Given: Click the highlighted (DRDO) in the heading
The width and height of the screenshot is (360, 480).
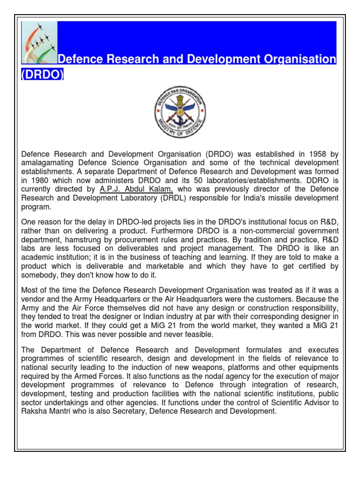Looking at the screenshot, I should (42, 75).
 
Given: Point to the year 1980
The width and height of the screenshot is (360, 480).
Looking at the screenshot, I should (38, 180).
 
